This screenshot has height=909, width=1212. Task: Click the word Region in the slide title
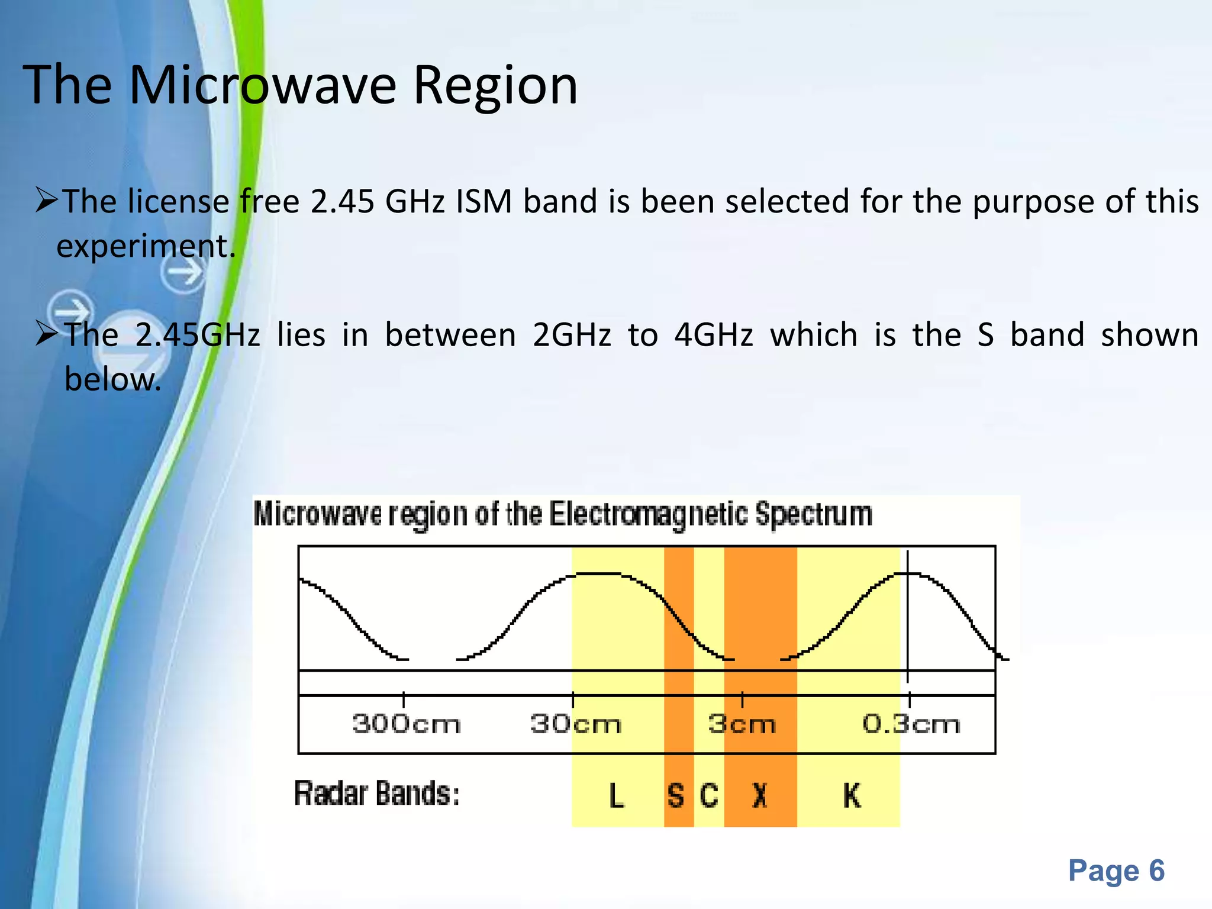pos(495,86)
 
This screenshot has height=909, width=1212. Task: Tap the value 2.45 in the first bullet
pos(342,201)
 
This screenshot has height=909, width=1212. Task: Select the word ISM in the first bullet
pos(483,201)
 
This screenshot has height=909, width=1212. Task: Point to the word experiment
pos(146,246)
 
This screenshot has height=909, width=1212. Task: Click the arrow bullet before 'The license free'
pos(46,199)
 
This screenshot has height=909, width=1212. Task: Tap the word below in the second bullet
pos(112,379)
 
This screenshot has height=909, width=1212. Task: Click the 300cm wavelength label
pos(406,724)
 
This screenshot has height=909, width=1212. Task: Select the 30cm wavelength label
pos(575,724)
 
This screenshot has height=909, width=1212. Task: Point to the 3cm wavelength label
pos(742,724)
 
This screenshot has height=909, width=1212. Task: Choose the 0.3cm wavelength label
pos(911,724)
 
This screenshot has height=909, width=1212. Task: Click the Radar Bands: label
pos(377,794)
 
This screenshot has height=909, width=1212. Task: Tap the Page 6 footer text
pos(1116,871)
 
